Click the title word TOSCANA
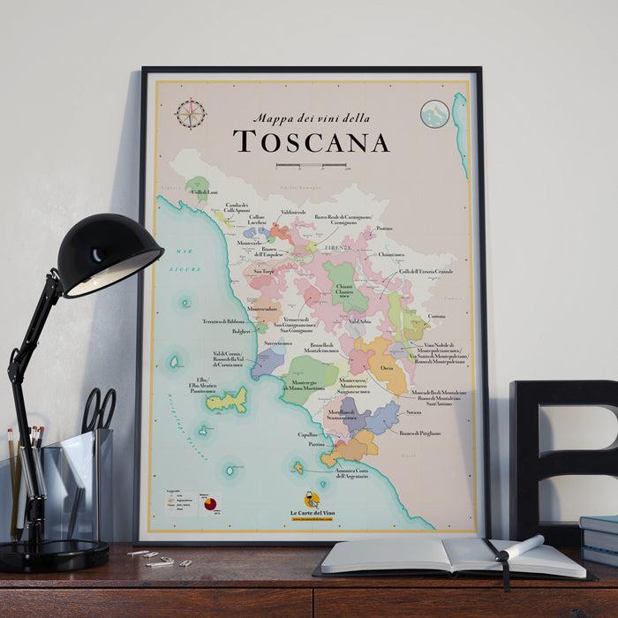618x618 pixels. (x=313, y=141)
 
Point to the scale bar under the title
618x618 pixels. (x=312, y=165)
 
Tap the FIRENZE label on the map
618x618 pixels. (x=338, y=248)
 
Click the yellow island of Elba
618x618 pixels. (x=219, y=403)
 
